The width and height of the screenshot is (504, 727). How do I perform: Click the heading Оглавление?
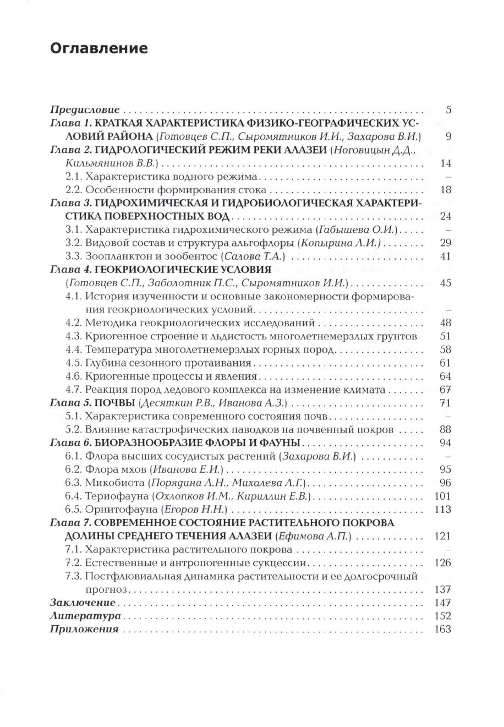click(99, 48)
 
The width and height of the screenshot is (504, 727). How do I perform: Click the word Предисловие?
click(85, 110)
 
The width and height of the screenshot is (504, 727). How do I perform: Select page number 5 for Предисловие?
click(448, 110)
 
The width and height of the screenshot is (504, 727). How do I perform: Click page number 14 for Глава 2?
click(446, 163)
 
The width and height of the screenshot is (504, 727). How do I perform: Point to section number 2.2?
click(74, 190)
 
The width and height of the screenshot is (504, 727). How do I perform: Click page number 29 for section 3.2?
click(446, 243)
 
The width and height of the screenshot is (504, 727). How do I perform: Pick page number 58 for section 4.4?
click(446, 349)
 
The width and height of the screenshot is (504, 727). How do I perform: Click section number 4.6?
click(74, 376)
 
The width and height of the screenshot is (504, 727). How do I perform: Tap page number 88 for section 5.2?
click(446, 430)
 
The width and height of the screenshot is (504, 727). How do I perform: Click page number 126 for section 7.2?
click(443, 563)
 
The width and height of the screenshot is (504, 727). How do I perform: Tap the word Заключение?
click(83, 603)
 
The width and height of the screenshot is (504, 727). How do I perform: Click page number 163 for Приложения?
click(443, 629)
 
